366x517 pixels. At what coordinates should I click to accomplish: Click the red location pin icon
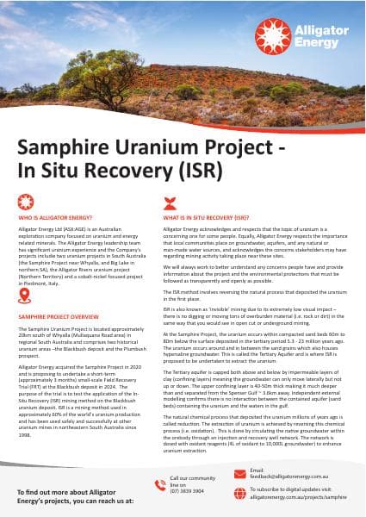pyautogui.click(x=25, y=296)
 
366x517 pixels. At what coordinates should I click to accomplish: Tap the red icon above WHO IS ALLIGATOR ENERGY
pyautogui.click(x=25, y=201)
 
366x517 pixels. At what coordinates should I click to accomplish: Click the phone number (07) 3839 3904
pyautogui.click(x=188, y=490)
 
